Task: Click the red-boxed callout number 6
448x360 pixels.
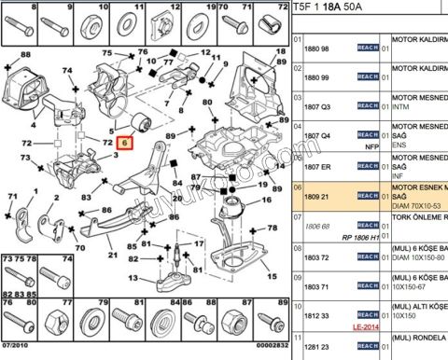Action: coord(122,144)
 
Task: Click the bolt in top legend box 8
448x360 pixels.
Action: coord(20,23)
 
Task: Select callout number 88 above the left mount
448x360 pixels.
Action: coord(26,54)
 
